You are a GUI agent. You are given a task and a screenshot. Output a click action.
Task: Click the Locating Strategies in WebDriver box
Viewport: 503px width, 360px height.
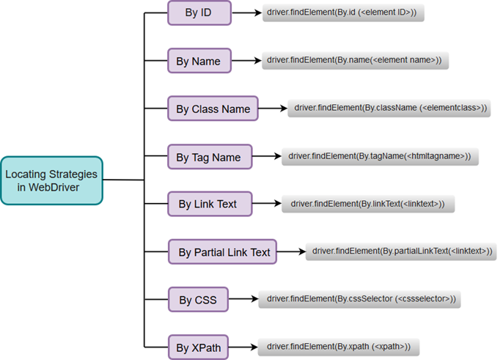[x=51, y=180]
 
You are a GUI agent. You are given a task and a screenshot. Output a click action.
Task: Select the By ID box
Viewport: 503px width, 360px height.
[x=199, y=13]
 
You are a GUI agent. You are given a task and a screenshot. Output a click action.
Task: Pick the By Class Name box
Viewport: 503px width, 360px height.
[x=213, y=109]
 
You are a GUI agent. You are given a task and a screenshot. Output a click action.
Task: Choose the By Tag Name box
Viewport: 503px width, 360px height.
[x=209, y=157]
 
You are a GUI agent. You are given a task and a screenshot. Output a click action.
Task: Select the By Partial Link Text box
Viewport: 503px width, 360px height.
[x=224, y=252]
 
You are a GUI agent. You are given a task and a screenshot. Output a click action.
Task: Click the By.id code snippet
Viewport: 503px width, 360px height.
[x=343, y=13]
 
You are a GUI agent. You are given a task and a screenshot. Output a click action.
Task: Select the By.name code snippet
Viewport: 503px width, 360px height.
[x=355, y=61]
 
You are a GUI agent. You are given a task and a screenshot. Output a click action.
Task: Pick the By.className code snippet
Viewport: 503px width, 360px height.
[x=389, y=109]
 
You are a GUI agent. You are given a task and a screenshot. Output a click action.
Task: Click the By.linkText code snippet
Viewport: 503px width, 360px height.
[x=368, y=204]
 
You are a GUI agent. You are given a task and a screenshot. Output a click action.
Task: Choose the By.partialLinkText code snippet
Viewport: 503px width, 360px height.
[x=400, y=251]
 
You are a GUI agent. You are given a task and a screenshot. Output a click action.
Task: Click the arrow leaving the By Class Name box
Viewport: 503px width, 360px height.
[x=272, y=109]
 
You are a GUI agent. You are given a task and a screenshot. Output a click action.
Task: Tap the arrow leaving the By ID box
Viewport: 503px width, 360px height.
[x=247, y=13]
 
